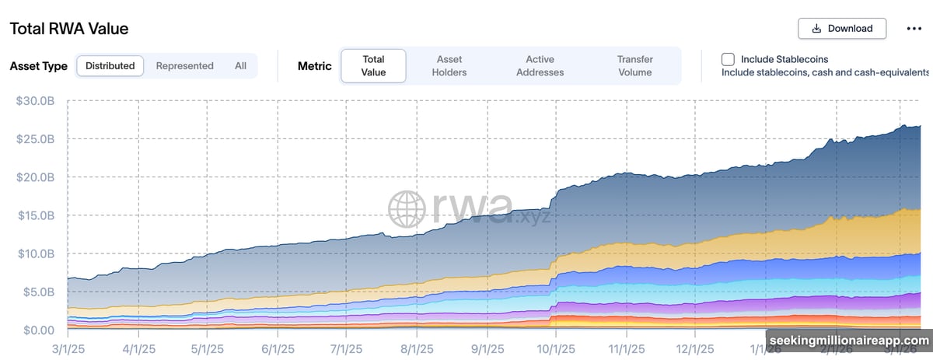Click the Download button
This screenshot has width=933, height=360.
[842, 29]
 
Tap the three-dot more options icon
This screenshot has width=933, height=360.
[914, 29]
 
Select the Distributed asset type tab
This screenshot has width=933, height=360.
[110, 66]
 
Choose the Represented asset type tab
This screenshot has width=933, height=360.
[184, 66]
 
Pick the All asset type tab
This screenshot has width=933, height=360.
[240, 66]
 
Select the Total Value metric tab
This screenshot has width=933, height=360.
[373, 66]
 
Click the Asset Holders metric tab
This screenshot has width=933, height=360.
[449, 66]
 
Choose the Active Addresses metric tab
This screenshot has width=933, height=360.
[540, 66]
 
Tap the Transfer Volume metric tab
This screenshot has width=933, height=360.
[634, 66]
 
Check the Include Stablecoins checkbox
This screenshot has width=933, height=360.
[728, 59]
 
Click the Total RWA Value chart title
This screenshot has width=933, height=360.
[69, 29]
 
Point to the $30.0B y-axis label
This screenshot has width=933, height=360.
[35, 100]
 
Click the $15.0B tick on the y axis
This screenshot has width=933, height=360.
[35, 215]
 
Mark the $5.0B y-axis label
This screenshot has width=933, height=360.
[37, 292]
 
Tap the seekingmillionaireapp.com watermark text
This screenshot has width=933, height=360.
[849, 341]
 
